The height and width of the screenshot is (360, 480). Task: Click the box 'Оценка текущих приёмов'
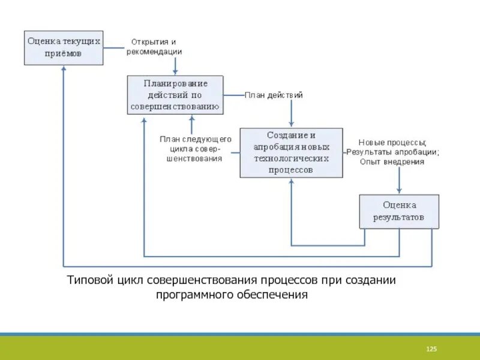pyautogui.click(x=64, y=47)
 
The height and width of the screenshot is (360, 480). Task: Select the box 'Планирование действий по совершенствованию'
pyautogui.click(x=175, y=95)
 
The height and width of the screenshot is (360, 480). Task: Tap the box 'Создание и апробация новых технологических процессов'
pyautogui.click(x=291, y=152)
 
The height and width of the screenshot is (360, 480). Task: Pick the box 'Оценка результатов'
pyautogui.click(x=398, y=211)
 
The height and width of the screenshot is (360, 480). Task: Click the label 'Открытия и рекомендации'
pyautogui.click(x=154, y=47)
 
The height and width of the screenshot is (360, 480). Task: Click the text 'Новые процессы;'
pyautogui.click(x=392, y=143)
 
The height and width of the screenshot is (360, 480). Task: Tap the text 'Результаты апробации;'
pyautogui.click(x=393, y=152)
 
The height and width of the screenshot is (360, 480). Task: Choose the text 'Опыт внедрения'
pyautogui.click(x=392, y=161)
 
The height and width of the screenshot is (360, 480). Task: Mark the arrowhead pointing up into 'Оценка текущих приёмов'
pyautogui.click(x=64, y=69)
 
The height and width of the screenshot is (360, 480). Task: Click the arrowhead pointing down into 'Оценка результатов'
pyautogui.click(x=398, y=191)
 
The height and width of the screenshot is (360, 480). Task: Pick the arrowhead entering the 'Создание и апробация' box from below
pyautogui.click(x=292, y=181)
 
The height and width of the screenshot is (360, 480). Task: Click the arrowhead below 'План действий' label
pyautogui.click(x=292, y=124)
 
